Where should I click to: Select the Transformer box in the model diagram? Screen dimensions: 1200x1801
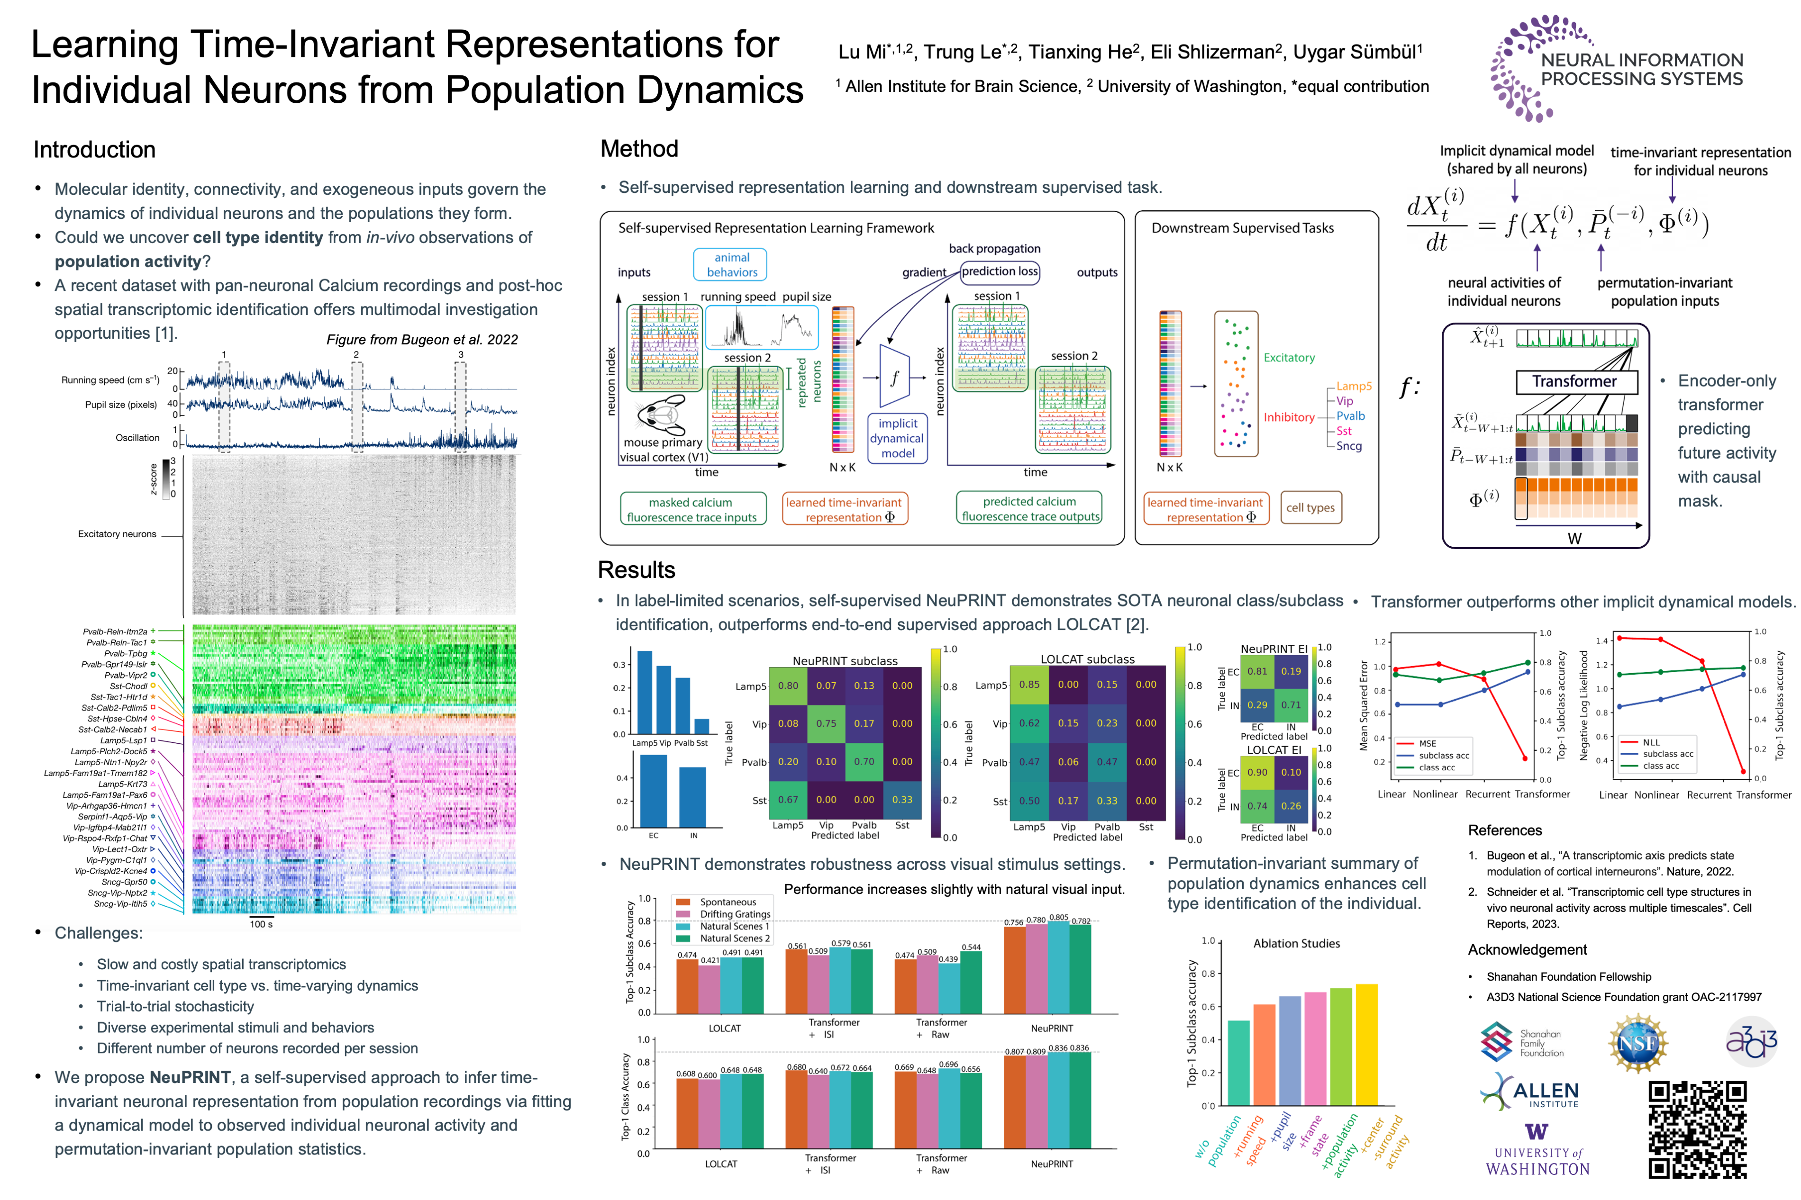[x=1575, y=381]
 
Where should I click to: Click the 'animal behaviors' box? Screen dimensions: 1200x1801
[x=731, y=265]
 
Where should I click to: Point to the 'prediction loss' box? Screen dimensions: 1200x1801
[x=999, y=271]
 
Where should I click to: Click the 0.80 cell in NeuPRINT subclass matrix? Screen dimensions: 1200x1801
[x=788, y=686]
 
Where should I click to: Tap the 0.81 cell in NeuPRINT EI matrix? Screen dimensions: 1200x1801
[x=1257, y=671]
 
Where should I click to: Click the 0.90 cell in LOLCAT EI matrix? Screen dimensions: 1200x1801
[x=1257, y=772]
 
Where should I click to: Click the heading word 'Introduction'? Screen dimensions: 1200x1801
[x=94, y=150]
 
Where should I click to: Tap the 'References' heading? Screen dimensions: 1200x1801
[x=1504, y=830]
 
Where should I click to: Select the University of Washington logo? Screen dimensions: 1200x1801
[x=1537, y=1150]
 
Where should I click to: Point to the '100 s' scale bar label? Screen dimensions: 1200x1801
[x=261, y=924]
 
